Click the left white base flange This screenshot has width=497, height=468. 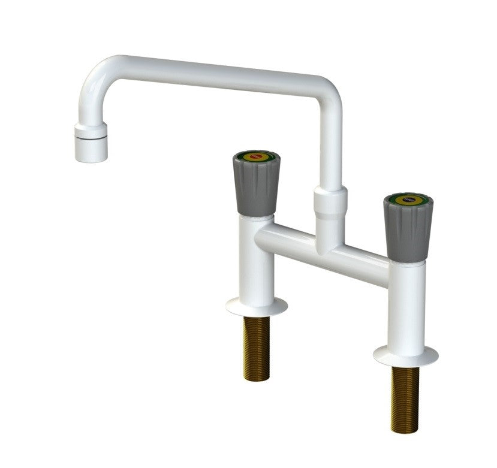point(256,306)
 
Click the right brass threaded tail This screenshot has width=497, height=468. point(405,398)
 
